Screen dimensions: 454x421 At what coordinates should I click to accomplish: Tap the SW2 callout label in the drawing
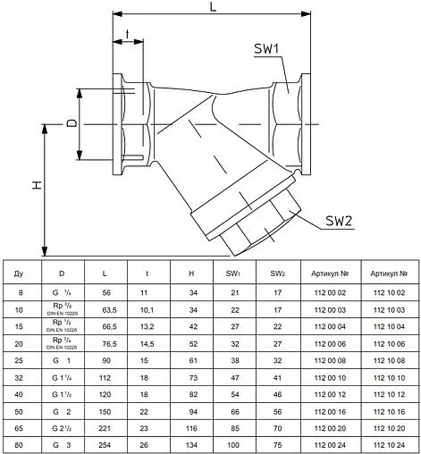pos(340,221)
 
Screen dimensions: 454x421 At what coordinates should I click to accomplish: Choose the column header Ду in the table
pos(21,272)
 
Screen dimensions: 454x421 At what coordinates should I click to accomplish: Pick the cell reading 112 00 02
pos(330,292)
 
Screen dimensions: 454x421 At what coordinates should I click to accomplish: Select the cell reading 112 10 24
pos(390,444)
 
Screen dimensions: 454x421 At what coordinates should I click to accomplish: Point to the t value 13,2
pos(146,325)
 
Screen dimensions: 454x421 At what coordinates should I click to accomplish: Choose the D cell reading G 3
pos(62,444)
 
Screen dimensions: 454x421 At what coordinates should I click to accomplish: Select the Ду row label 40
pos(21,393)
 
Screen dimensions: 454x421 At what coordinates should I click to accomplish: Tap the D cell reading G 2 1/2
pos(62,427)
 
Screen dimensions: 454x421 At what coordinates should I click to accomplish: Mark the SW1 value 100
pos(234,444)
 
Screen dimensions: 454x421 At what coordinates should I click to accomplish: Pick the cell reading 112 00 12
pos(330,393)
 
